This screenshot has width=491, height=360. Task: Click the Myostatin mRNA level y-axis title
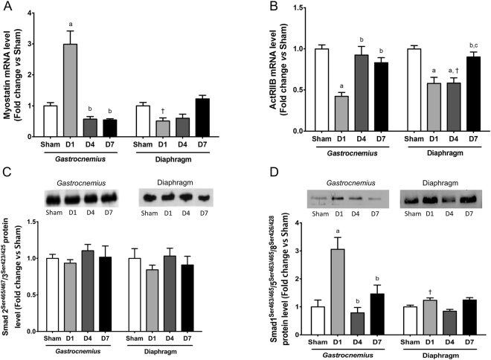(14, 68)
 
